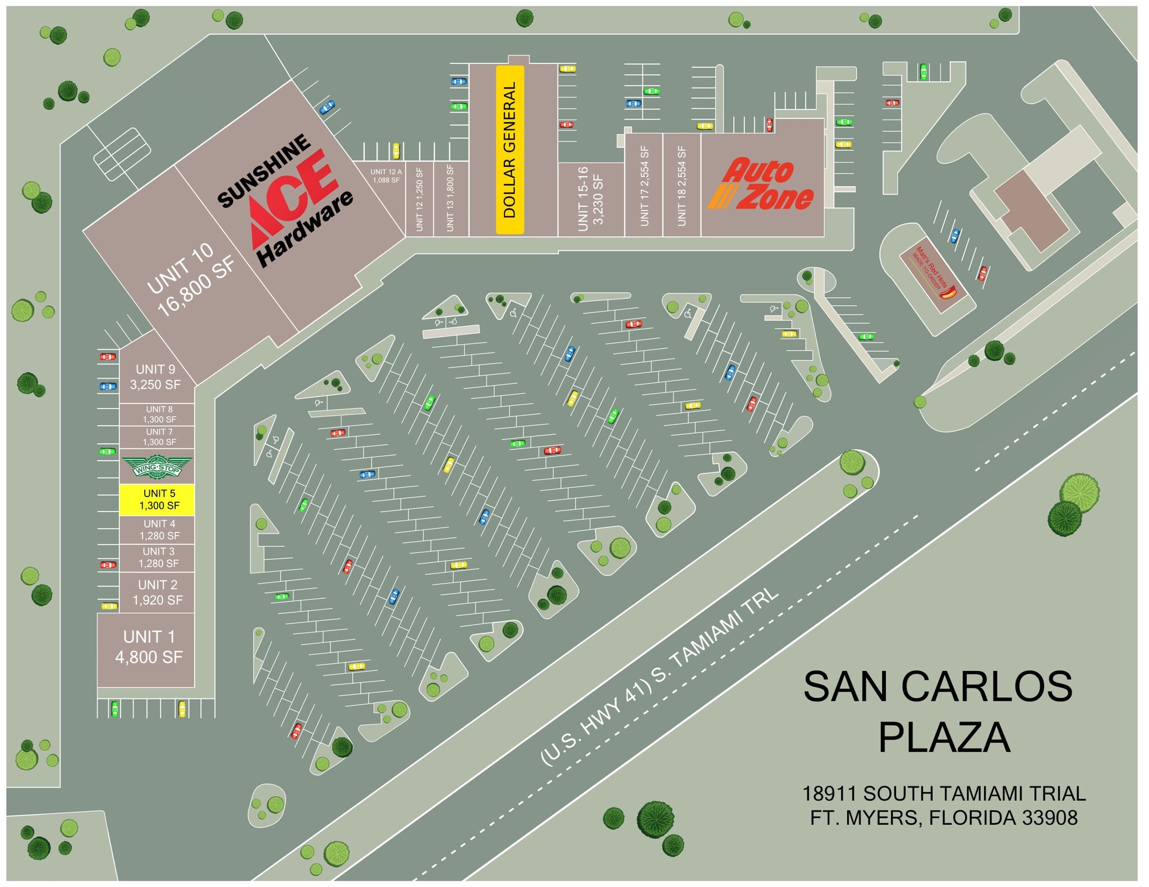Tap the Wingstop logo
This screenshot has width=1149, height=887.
click(157, 467)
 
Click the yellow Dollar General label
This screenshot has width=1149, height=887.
click(509, 150)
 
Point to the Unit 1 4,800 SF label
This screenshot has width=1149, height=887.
click(149, 647)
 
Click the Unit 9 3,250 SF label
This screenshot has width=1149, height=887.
click(155, 377)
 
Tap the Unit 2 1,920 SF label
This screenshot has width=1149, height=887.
click(158, 592)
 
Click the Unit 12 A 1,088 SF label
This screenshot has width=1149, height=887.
click(386, 176)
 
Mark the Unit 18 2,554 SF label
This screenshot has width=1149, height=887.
click(682, 186)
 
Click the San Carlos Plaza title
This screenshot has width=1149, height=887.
click(939, 711)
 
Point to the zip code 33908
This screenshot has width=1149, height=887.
click(1049, 818)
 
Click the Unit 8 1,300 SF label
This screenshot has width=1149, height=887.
click(159, 414)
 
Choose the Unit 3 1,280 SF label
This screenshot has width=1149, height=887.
click(159, 557)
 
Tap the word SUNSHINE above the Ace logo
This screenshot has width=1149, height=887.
click(264, 171)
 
